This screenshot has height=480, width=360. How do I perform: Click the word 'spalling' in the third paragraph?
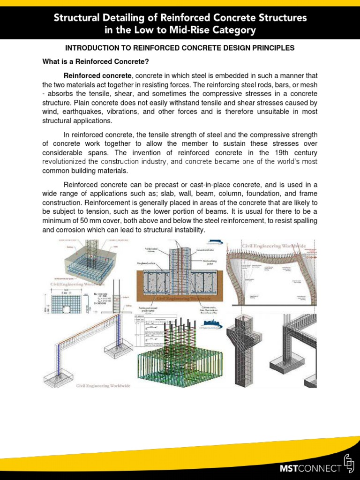[x=305, y=221]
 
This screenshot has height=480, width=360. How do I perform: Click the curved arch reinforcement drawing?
[x=272, y=272]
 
